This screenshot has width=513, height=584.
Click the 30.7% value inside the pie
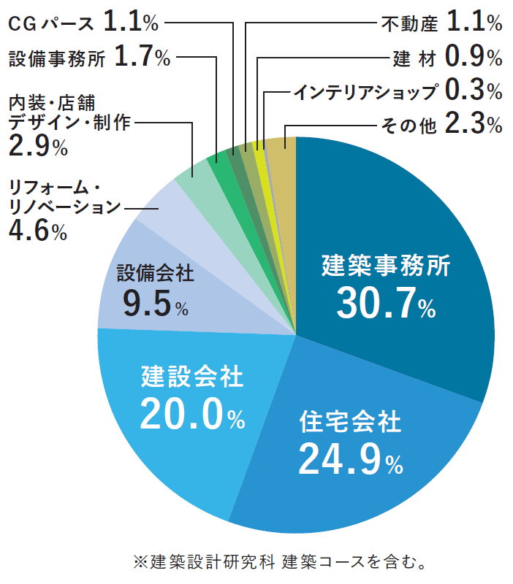(x=386, y=303)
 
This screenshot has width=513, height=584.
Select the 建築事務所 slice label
(x=386, y=265)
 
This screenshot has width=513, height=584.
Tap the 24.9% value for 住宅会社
(x=350, y=458)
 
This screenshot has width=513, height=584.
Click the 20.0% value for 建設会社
(x=192, y=414)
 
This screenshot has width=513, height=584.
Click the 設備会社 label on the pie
(x=156, y=274)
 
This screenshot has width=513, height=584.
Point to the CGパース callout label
(x=51, y=23)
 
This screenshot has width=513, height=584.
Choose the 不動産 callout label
(x=409, y=23)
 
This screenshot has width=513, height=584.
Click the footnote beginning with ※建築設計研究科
(x=278, y=562)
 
